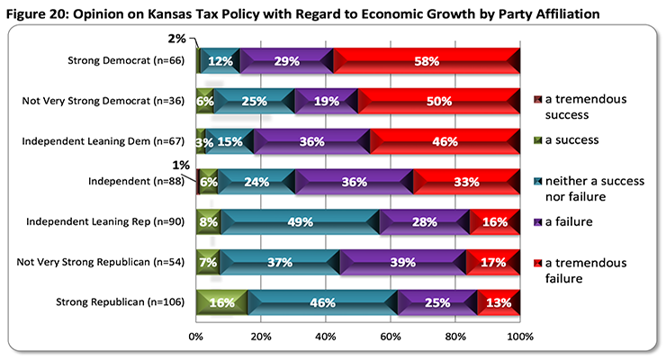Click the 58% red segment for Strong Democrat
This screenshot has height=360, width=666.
(427, 61)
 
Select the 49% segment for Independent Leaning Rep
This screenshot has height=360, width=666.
(300, 221)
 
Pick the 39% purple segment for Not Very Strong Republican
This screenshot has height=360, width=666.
(402, 262)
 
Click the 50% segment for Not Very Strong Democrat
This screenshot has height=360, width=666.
(439, 102)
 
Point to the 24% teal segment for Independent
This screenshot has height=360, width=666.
(256, 182)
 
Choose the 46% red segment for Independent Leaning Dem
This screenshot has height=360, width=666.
(445, 141)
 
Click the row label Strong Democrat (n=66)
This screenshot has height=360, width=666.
(126, 61)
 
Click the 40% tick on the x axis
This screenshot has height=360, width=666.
(326, 337)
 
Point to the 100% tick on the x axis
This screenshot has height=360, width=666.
(518, 337)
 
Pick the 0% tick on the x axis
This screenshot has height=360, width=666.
(196, 337)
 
